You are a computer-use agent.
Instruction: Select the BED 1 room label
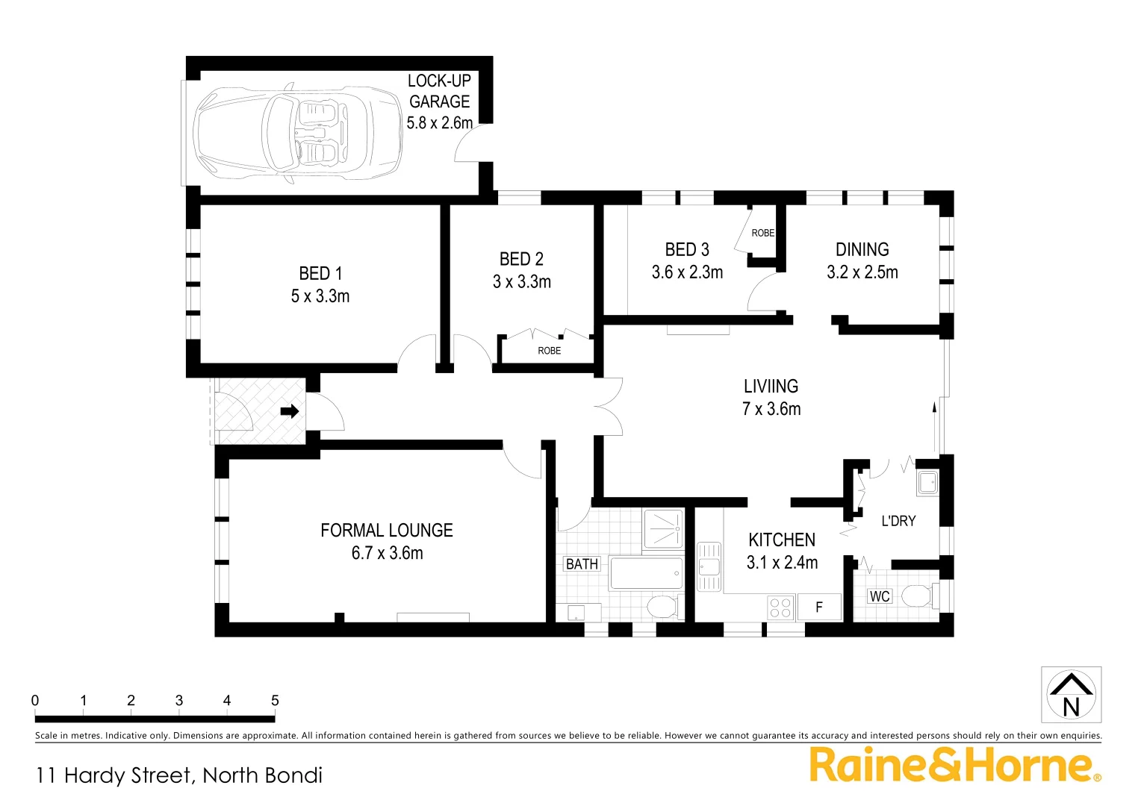[320, 274]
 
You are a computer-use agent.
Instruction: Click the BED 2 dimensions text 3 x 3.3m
[522, 282]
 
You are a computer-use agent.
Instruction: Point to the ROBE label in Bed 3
[762, 233]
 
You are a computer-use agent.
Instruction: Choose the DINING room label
[862, 250]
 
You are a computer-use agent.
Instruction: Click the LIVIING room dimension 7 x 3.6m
[771, 409]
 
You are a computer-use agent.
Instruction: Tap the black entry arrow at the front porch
[290, 411]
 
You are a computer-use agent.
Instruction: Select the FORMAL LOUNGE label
[387, 531]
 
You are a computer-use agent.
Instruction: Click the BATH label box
[582, 564]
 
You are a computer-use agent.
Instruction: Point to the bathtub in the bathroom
[646, 574]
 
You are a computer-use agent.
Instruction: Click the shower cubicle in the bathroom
[663, 528]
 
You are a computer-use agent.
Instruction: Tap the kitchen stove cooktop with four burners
[780, 607]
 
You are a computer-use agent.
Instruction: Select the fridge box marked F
[819, 607]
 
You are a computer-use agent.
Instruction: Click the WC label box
[880, 596]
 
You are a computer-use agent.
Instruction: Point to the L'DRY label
[898, 521]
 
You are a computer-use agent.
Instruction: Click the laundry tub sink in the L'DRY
[927, 483]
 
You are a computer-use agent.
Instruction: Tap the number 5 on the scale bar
[275, 701]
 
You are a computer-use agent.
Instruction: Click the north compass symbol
[1071, 695]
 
